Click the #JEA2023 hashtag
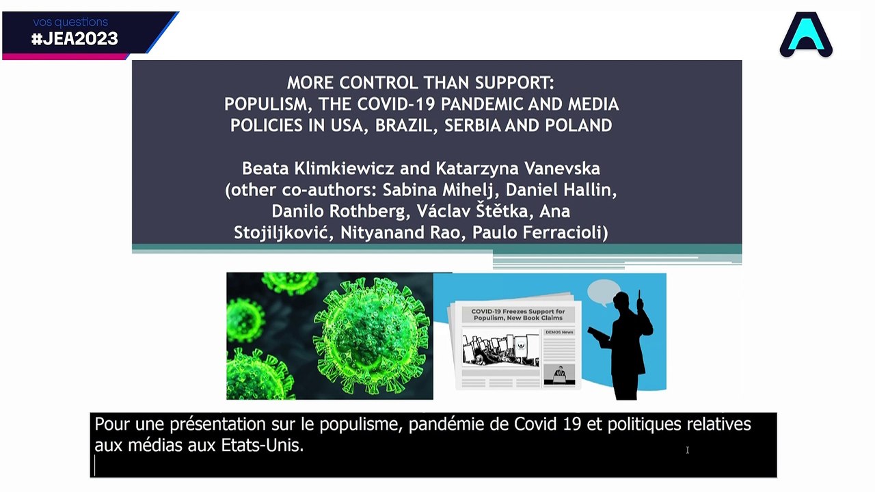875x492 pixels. coord(75,39)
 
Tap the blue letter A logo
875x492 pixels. coord(806,35)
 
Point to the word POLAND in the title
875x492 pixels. coord(579,126)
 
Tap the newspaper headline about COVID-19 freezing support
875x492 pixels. coord(518,315)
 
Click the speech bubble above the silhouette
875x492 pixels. coord(603,292)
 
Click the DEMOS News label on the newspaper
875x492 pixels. coord(559,332)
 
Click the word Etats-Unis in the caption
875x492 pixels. coord(262,446)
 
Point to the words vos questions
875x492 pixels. coord(70,22)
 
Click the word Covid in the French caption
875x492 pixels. coord(535,424)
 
